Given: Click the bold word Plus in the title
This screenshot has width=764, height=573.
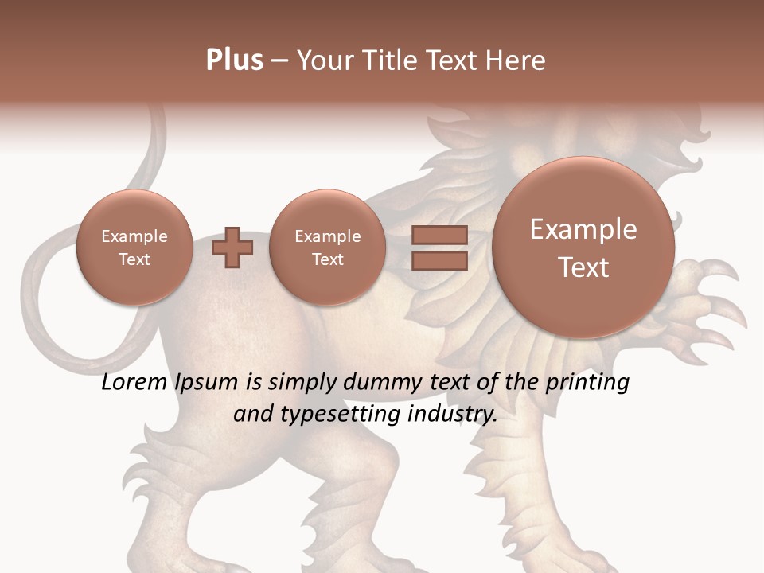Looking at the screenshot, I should point(234,60).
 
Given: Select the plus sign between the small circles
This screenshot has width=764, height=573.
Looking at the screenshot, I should point(232,248).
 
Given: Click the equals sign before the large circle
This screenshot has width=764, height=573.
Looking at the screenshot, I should point(439,248).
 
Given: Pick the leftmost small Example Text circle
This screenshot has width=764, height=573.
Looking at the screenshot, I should point(134,248).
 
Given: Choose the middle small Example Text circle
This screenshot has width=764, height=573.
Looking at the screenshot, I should point(327,248).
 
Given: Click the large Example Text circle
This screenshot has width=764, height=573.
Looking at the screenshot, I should point(583,248).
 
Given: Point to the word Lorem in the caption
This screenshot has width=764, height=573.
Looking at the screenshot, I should point(135,383).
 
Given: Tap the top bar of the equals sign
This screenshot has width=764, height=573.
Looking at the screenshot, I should point(439,235).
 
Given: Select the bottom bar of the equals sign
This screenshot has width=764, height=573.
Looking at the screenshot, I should point(439,260).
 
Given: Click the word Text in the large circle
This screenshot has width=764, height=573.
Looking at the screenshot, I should point(583,267).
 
